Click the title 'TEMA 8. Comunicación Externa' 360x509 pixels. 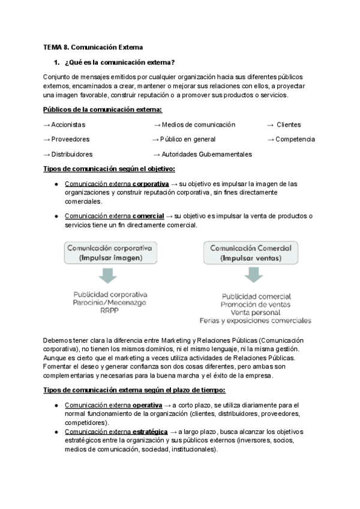tap(93, 47)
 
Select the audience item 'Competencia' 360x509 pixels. tap(295, 139)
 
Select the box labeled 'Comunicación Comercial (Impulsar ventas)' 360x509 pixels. tap(251, 253)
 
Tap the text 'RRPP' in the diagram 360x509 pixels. tap(110, 311)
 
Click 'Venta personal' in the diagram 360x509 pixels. tap(256, 313)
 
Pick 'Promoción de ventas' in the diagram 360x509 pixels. tap(256, 305)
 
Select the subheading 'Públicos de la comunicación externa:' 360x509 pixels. tap(103, 109)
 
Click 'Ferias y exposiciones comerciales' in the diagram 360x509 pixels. tap(256, 321)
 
